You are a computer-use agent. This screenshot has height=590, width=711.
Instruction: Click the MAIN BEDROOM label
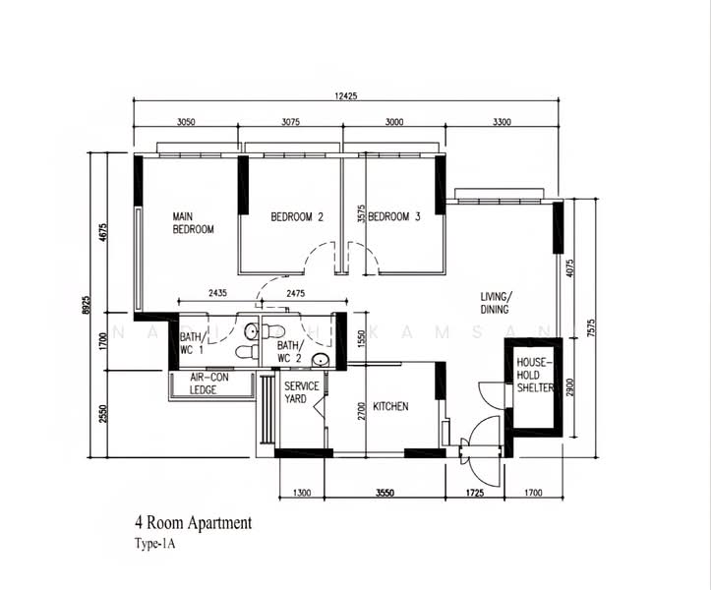coord(193,223)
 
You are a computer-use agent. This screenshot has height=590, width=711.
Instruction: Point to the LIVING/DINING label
coord(497,302)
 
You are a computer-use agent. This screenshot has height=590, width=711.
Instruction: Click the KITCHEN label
coord(390,406)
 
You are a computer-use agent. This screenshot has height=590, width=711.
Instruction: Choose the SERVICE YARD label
coord(302,392)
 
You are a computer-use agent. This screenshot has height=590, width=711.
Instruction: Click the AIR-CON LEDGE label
coord(204,383)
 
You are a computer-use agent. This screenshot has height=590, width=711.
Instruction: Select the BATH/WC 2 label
coord(288,352)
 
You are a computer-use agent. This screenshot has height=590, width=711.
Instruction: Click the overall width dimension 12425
coord(350,94)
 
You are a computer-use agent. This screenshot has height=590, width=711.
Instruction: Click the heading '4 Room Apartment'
coord(193,523)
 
